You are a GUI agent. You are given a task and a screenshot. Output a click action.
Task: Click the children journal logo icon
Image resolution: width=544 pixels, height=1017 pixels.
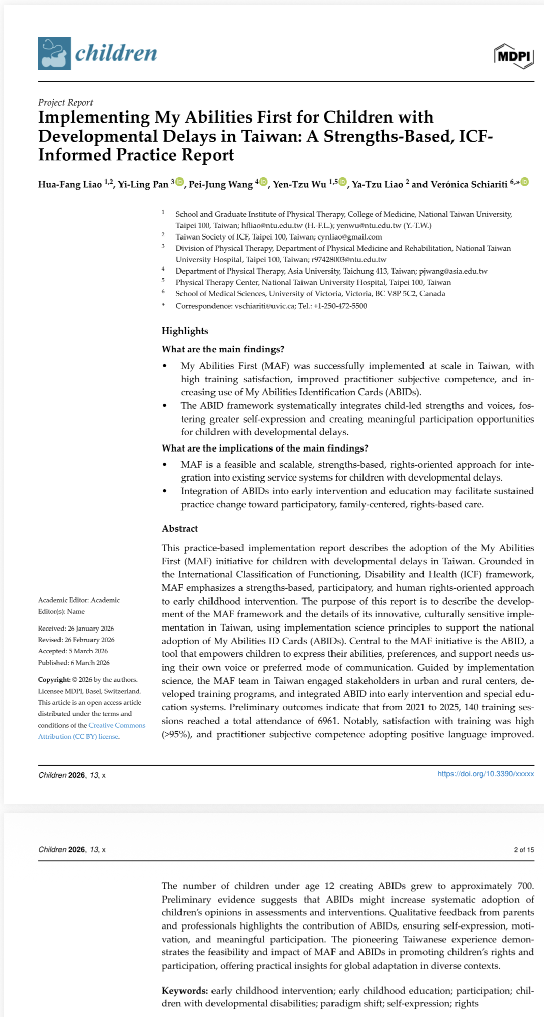click(54, 53)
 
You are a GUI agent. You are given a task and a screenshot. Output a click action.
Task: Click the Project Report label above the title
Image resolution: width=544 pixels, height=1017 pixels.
click(65, 102)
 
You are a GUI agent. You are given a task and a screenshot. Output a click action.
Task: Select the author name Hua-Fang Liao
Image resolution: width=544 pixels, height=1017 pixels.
click(70, 184)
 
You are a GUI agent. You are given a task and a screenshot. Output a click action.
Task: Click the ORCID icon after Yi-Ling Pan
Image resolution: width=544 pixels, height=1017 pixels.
click(179, 182)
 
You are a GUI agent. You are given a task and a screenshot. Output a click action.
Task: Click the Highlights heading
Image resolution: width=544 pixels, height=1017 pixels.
click(185, 331)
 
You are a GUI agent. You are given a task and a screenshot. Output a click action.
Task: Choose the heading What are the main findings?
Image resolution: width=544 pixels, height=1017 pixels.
click(223, 349)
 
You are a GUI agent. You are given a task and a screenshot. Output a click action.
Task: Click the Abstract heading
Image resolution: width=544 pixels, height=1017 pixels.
click(180, 529)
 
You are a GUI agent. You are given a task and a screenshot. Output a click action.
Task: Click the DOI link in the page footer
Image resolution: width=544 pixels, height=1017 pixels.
click(486, 774)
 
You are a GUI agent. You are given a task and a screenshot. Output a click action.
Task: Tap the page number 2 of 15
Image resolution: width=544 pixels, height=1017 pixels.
click(524, 850)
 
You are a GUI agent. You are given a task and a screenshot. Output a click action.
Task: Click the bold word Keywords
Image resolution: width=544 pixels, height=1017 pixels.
click(185, 991)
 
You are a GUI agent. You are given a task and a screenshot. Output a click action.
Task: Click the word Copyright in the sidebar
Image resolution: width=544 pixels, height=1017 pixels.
click(54, 680)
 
